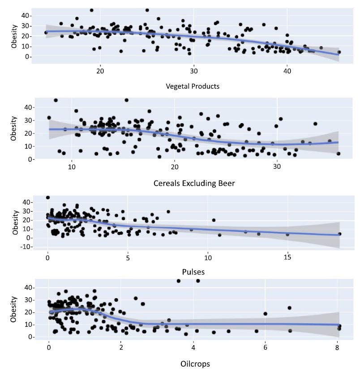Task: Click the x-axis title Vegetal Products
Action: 193,86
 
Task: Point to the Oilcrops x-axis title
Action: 193,363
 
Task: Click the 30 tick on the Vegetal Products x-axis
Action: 193,71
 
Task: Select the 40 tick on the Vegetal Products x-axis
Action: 287,71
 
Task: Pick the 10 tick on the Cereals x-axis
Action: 71,167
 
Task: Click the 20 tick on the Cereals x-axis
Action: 174,167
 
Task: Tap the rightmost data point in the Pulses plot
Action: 339,234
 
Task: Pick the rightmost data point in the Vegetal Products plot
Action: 339,52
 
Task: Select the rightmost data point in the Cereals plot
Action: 339,154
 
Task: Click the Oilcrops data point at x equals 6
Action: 266,314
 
